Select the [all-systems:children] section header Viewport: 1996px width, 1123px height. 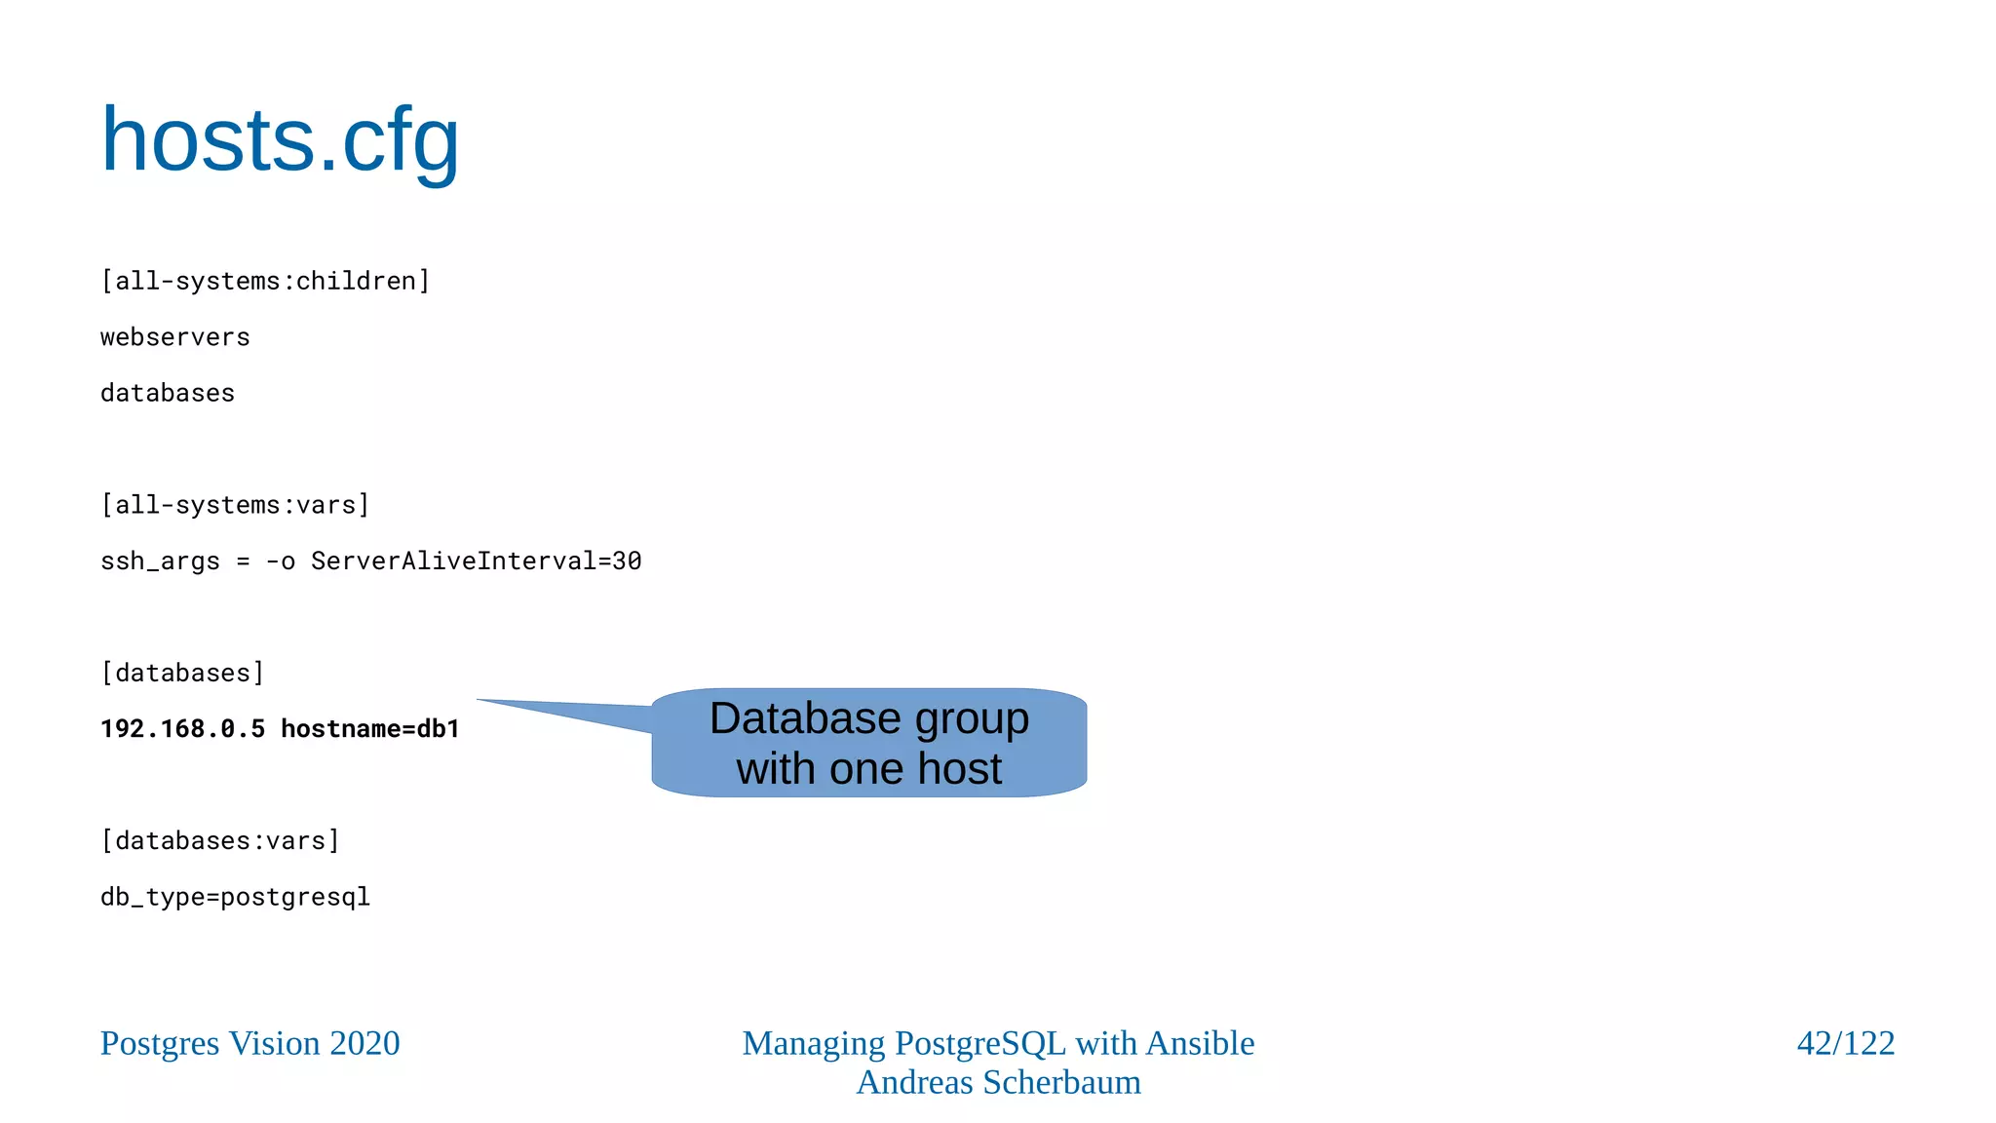(x=265, y=282)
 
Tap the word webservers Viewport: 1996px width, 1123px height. (x=175, y=337)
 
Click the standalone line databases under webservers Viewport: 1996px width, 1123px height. (x=168, y=393)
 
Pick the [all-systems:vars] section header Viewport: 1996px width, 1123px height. (x=235, y=505)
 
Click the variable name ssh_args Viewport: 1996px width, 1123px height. (x=160, y=561)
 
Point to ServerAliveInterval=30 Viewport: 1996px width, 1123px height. (x=476, y=561)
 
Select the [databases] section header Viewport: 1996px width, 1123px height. (x=182, y=673)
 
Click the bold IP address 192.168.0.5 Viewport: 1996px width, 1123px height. (x=182, y=729)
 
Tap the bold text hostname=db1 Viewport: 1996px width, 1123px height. (x=370, y=729)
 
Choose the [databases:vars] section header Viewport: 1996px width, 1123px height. (x=220, y=840)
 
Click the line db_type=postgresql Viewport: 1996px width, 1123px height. (x=235, y=897)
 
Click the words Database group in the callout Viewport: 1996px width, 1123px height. (x=868, y=718)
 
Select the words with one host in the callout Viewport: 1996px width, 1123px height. (x=868, y=769)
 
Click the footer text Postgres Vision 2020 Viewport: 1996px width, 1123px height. (x=249, y=1043)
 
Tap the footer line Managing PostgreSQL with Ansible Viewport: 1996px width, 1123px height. (x=998, y=1043)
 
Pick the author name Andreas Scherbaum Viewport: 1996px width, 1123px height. (x=998, y=1083)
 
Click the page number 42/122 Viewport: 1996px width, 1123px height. (x=1845, y=1043)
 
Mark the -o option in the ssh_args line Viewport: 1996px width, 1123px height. (x=280, y=561)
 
